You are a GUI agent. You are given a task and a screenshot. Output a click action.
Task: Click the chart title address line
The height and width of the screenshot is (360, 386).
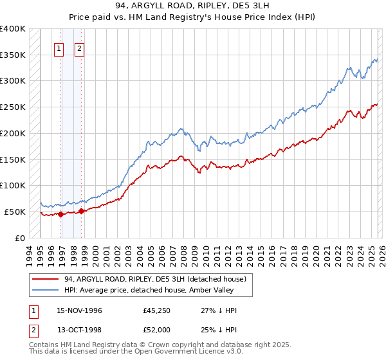tap(192, 6)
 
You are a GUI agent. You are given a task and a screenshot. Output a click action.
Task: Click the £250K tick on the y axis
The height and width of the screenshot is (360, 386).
tap(13, 107)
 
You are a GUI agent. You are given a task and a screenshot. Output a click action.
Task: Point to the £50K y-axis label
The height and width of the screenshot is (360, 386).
tap(15, 212)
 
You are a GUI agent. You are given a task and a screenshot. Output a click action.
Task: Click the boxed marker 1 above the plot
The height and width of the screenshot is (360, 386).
tap(59, 48)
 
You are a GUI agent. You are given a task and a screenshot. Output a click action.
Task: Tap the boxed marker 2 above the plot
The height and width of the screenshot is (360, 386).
tap(79, 48)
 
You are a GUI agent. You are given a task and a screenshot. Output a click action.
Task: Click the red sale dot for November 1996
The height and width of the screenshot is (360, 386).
tap(61, 215)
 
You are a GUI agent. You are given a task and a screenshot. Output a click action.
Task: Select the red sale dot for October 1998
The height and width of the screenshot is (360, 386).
tap(82, 211)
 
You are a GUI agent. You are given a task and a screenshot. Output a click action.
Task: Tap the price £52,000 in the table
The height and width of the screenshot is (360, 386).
tap(157, 330)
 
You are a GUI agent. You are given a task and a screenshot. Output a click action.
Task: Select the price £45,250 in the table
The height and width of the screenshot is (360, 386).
tap(157, 310)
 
